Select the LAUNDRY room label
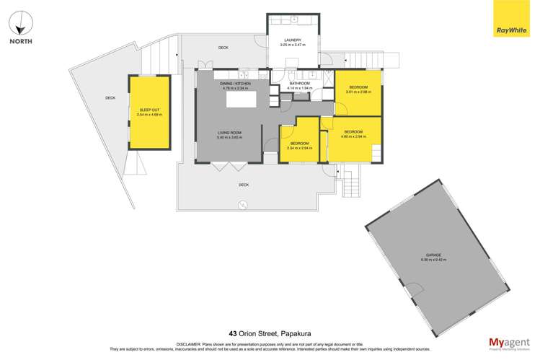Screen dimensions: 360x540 click(292, 40)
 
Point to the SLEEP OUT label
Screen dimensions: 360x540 click(149, 110)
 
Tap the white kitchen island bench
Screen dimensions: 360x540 click(246, 99)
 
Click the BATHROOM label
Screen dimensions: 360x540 click(299, 84)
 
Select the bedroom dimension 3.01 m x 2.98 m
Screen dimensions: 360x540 click(358, 92)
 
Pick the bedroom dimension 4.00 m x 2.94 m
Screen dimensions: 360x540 click(353, 135)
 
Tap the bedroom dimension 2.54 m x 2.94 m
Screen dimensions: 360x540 click(300, 146)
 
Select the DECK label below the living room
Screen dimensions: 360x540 click(244, 185)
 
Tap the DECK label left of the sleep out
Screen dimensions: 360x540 click(110, 98)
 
